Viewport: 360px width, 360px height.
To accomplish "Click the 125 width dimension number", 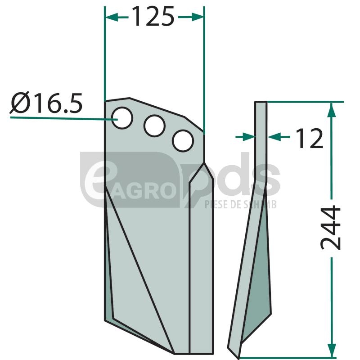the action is pos(153,17).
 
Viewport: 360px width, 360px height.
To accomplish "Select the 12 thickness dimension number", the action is pos(310,138).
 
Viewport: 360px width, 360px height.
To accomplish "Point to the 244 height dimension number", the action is pos(331,228).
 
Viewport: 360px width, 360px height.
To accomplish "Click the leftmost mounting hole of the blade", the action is pos(122,118).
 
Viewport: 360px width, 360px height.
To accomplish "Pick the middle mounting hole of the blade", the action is pos(154,126).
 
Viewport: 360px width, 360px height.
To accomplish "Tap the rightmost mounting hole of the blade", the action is pos(183,141).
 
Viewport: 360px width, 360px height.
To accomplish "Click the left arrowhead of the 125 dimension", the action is pos(112,17).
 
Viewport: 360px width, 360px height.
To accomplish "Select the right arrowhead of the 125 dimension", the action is pos(198,17).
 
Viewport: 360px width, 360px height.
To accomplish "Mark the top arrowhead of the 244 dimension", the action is pos(331,109).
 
